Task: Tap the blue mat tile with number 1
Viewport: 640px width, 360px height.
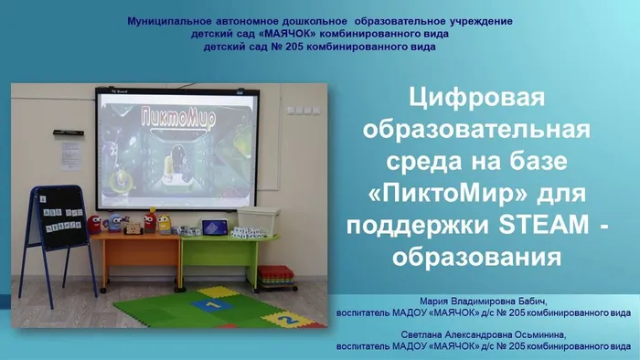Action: pos(210,305)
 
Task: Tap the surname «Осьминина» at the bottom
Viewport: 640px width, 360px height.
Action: pos(562,335)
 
